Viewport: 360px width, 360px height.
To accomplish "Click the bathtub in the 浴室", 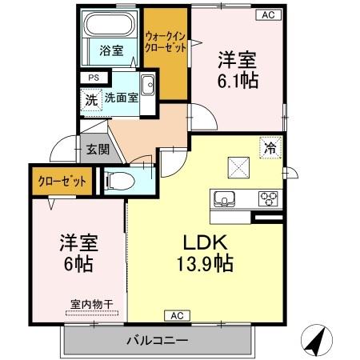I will click(110, 31).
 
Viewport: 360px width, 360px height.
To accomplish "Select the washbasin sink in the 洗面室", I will click(147, 86).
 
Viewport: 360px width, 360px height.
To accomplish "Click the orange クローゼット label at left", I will click(62, 182).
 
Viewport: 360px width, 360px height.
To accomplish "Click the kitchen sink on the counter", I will click(223, 198).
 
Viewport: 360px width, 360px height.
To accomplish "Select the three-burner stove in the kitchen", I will click(266, 198).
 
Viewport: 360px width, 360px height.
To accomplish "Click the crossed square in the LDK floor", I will click(238, 167).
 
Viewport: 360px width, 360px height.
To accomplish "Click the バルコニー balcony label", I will click(157, 341).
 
